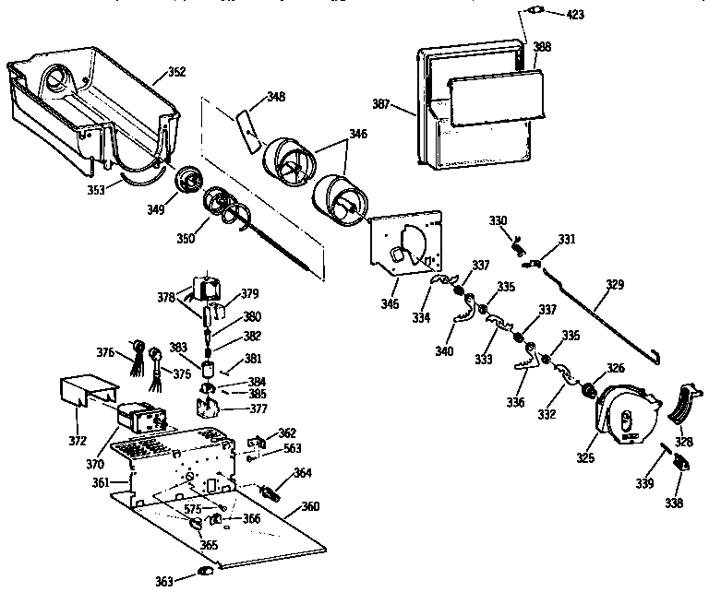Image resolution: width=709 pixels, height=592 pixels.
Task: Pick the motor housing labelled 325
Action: click(x=626, y=418)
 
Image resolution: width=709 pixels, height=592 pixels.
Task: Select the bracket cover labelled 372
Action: click(x=83, y=395)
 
